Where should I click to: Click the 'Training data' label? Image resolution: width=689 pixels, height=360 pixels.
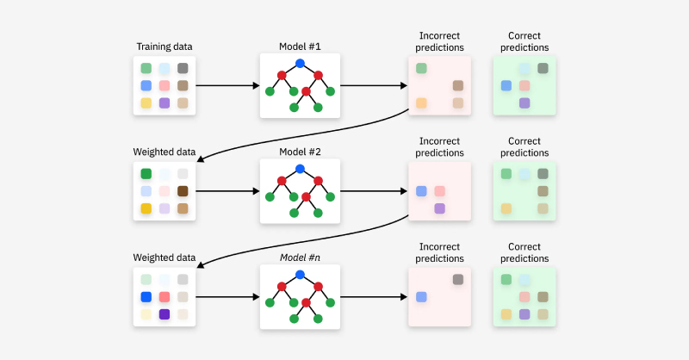coord(164,47)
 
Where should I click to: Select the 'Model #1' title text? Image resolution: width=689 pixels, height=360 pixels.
coord(300,47)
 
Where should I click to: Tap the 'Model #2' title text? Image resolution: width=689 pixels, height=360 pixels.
coord(300,152)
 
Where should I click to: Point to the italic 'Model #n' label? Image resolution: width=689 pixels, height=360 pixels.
coord(300,258)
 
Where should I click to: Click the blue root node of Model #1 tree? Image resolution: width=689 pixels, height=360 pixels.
coord(300,63)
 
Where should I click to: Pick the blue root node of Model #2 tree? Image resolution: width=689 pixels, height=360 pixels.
coord(300,169)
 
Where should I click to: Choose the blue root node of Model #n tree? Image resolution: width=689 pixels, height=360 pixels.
coord(300,275)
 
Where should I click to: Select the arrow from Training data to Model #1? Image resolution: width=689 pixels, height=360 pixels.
coord(227,85)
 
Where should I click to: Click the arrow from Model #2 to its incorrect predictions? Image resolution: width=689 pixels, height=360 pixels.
coord(374,191)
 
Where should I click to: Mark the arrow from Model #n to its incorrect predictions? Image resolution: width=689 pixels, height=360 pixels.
coord(374,297)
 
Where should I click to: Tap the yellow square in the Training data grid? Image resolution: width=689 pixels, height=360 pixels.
coord(146,103)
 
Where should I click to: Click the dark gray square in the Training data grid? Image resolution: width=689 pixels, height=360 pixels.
coord(183,68)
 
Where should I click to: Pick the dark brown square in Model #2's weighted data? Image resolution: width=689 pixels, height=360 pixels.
coord(183,191)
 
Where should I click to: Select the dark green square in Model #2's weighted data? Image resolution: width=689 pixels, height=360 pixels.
coord(146,174)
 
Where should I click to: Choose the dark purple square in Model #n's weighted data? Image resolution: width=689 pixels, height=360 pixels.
coord(164,314)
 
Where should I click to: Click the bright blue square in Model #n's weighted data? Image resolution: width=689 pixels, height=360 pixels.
coord(146,297)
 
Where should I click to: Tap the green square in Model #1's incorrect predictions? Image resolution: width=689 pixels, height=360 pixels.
coord(421,68)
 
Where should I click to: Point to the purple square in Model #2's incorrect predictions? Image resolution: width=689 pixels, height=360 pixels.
coord(439,208)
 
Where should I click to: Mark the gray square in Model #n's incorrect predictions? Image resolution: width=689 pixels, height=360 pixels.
coord(457,280)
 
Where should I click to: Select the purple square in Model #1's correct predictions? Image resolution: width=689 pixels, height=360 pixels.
coord(524,103)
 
